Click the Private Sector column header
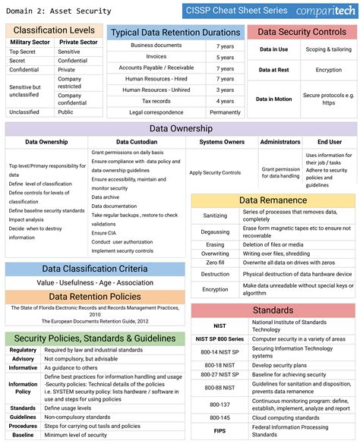[78, 43]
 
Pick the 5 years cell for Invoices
[225, 57]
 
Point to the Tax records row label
[156, 101]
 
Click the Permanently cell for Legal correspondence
[225, 112]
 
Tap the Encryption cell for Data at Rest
[328, 70]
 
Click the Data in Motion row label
[273, 99]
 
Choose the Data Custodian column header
[137, 142]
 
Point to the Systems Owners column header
[222, 142]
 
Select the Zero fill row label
[215, 262]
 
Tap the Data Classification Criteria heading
[95, 269]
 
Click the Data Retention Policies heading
[95, 297]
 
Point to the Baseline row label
[23, 435]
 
